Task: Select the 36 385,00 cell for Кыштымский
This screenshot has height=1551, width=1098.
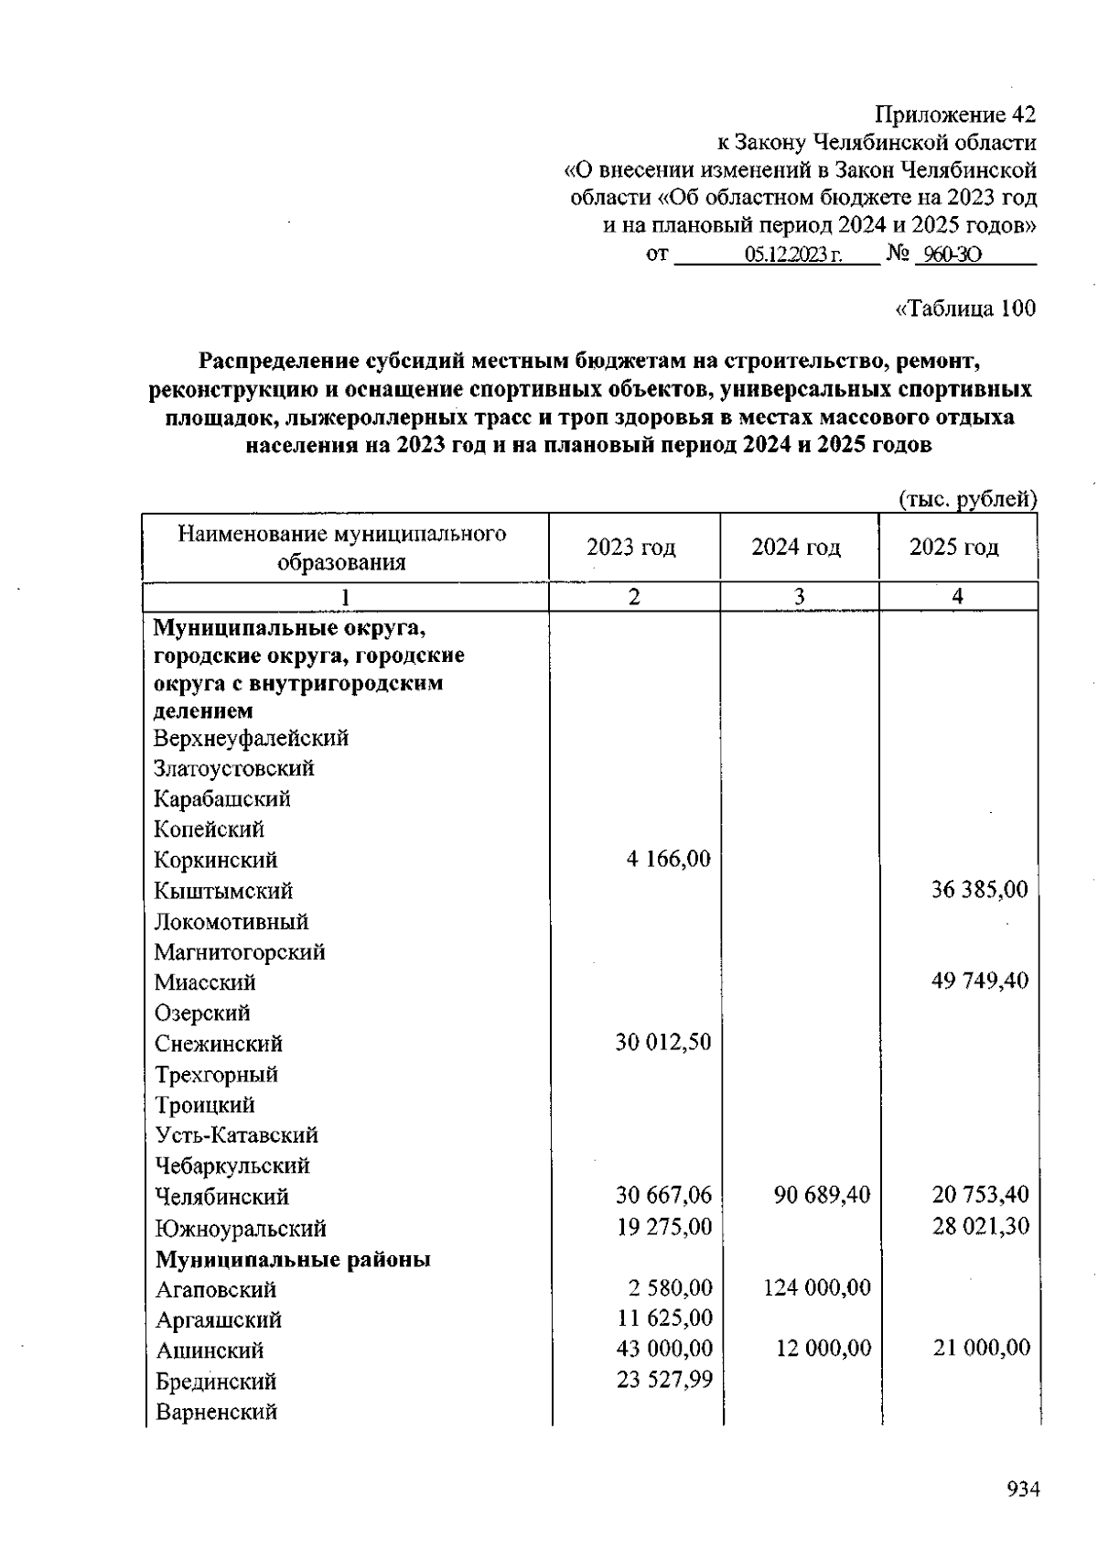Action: point(979,889)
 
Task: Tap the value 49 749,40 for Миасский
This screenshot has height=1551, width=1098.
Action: point(979,981)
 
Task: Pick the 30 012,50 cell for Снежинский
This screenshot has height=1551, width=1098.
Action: point(662,1042)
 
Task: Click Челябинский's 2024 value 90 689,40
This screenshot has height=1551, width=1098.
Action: point(822,1195)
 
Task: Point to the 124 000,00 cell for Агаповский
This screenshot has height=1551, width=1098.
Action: point(816,1287)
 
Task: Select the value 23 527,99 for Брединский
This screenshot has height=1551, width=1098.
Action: point(664,1379)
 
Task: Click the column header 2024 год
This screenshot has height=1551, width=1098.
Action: point(795,548)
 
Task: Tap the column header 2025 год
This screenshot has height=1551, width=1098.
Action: point(953,548)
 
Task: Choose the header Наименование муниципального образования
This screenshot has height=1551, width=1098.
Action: point(342,548)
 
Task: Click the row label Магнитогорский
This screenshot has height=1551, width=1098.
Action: point(240,952)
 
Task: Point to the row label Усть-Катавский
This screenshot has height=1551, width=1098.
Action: point(236,1135)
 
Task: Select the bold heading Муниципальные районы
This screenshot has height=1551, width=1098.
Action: point(293,1259)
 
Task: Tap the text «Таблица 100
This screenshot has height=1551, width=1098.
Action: point(964,309)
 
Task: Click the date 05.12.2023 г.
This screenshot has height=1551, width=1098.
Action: point(793,255)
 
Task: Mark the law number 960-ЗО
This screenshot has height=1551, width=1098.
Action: point(952,255)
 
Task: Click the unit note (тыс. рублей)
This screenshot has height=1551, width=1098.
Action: point(967,499)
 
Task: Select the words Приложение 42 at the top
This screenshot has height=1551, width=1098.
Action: point(955,115)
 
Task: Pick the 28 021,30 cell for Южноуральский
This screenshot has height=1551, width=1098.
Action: point(980,1225)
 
